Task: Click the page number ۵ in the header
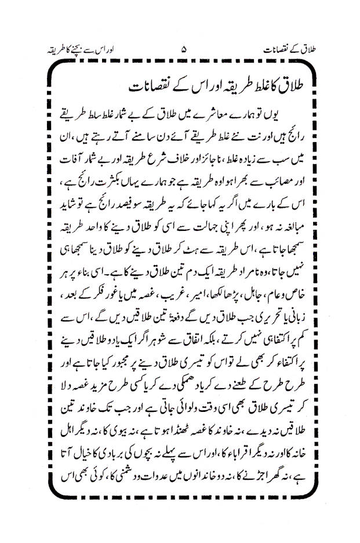184,50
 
